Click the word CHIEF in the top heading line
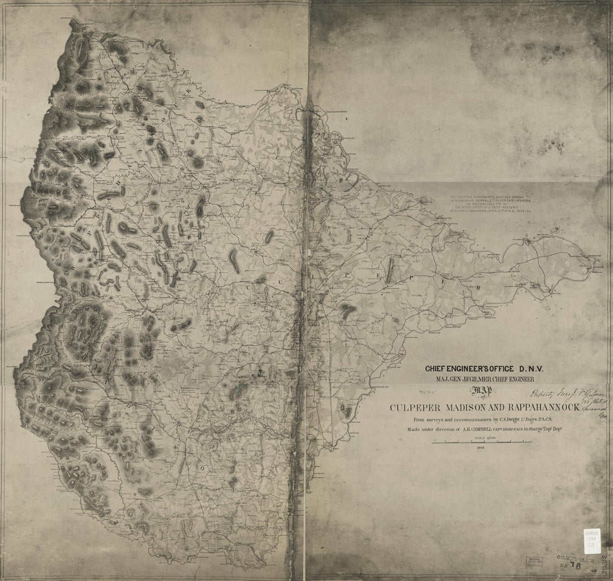pyautogui.click(x=437, y=369)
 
